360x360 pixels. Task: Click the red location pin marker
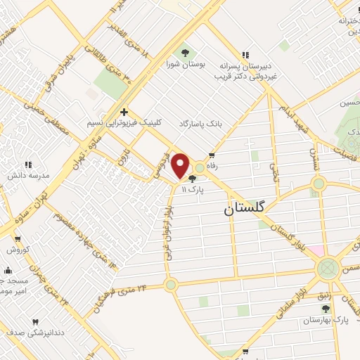tap(181, 165)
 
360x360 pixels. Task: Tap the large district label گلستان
tap(245, 209)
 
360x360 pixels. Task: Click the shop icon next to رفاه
tap(212, 157)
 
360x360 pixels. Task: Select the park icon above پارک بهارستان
tap(326, 308)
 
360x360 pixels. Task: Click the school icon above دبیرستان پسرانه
tap(245, 54)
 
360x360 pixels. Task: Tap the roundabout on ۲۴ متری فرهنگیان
tap(171, 285)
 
